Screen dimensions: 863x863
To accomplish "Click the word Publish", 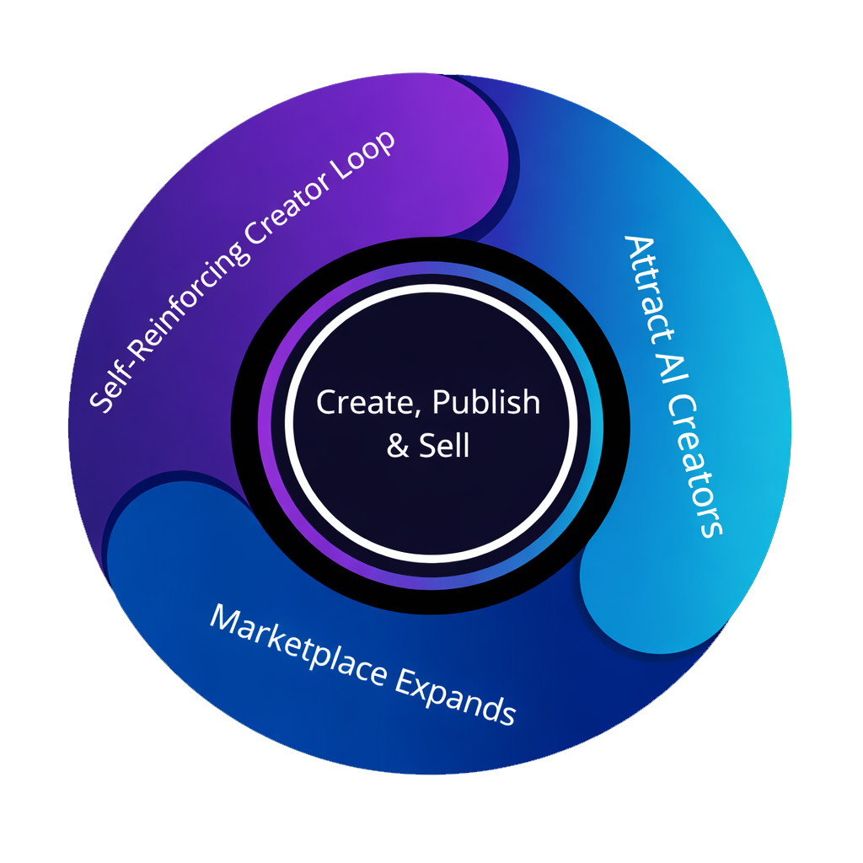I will [x=485, y=403].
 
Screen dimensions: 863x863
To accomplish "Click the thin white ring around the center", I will [x=287, y=421].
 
